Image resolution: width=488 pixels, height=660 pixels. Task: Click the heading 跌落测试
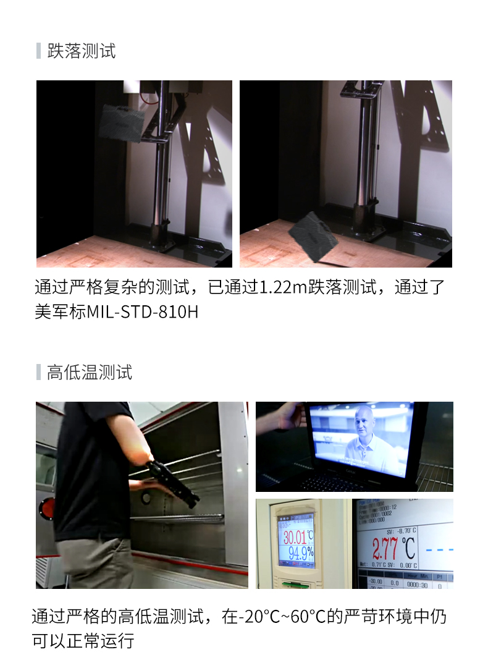(82, 51)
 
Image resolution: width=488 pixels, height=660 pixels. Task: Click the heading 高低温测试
(90, 372)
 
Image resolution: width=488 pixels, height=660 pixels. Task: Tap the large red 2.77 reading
(385, 548)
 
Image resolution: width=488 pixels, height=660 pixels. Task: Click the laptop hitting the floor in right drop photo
(313, 237)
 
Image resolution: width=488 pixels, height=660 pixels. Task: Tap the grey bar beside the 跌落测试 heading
(38, 51)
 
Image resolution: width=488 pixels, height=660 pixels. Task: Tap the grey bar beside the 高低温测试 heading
(38, 372)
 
